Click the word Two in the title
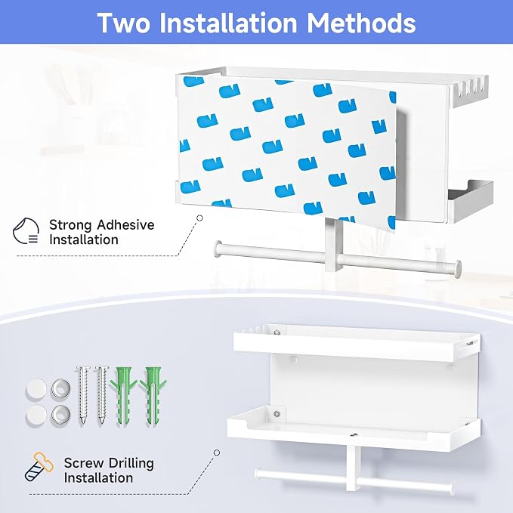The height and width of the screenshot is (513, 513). pyautogui.click(x=124, y=22)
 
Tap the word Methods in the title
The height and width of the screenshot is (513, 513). pyautogui.click(x=361, y=22)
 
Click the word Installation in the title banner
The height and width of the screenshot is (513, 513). pyautogui.click(x=228, y=22)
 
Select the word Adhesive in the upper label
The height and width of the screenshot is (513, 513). pyautogui.click(x=125, y=224)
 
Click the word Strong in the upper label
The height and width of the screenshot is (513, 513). pyautogui.click(x=70, y=225)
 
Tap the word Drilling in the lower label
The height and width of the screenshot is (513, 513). pyautogui.click(x=131, y=464)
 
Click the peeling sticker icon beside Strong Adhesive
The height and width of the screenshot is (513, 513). pyautogui.click(x=26, y=231)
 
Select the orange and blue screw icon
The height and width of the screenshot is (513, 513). pyautogui.click(x=39, y=467)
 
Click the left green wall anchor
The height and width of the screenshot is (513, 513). pyautogui.click(x=123, y=396)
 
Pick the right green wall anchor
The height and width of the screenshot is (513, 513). pyautogui.click(x=153, y=396)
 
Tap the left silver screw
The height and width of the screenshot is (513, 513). pyautogui.click(x=82, y=395)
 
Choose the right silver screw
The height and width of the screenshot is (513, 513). pyautogui.click(x=101, y=395)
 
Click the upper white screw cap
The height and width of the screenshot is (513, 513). pyautogui.click(x=36, y=388)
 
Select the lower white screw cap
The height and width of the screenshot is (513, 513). pyautogui.click(x=36, y=415)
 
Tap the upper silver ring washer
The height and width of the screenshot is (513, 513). pyautogui.click(x=61, y=388)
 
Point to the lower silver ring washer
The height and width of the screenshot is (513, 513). pyautogui.click(x=61, y=415)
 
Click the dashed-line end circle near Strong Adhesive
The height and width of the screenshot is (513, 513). pyautogui.click(x=199, y=218)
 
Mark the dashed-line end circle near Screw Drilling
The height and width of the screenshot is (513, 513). pyautogui.click(x=217, y=453)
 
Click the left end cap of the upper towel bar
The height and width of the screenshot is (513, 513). pyautogui.click(x=218, y=249)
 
